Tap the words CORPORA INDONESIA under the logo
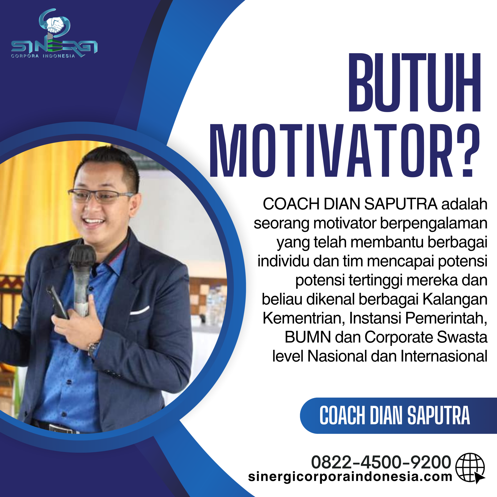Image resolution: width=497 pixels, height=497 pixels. [43, 56]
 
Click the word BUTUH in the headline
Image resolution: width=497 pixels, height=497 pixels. [414, 83]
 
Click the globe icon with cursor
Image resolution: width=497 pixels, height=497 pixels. [470, 467]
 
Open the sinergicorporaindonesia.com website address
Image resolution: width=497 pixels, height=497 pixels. [350, 477]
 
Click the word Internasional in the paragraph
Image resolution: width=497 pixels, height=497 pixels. [444, 356]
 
